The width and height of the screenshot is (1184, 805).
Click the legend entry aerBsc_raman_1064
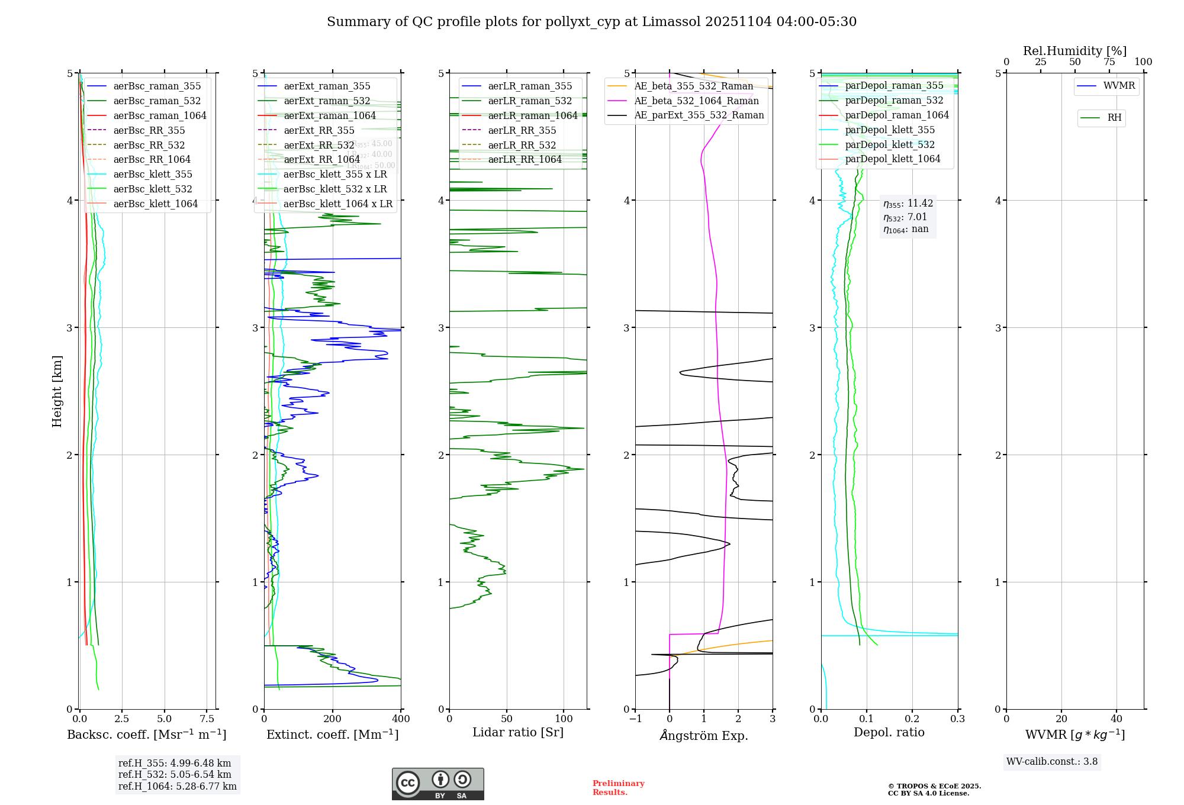(x=160, y=115)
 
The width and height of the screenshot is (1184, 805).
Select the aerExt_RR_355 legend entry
(x=319, y=130)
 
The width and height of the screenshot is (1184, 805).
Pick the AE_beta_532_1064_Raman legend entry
(x=696, y=101)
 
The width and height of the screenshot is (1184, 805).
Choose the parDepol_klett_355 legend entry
(x=890, y=130)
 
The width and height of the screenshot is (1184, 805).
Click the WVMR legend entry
(x=1119, y=86)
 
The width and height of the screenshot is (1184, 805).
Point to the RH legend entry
(x=1114, y=118)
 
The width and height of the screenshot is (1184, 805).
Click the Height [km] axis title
(x=57, y=391)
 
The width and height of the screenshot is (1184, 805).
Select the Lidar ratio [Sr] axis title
(x=518, y=732)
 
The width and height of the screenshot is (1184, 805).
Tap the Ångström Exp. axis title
(x=704, y=735)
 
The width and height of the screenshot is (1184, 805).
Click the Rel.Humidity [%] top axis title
(x=1074, y=51)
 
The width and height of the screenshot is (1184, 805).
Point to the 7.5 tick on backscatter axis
(x=207, y=719)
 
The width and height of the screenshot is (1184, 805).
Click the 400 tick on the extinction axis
(x=401, y=719)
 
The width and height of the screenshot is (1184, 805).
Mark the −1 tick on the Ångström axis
(x=635, y=719)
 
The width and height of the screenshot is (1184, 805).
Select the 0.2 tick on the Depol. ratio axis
(x=912, y=719)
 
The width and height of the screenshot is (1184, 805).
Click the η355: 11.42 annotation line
(x=908, y=204)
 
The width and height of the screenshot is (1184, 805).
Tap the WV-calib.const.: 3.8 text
(x=1052, y=762)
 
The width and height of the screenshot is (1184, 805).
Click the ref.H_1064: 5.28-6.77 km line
(x=178, y=787)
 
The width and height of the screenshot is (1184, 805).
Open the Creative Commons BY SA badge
(x=437, y=784)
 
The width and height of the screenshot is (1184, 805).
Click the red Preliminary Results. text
(x=618, y=788)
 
